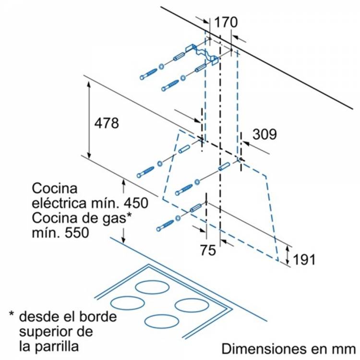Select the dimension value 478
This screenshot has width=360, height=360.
click(x=106, y=123)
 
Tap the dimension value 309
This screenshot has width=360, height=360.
click(x=264, y=134)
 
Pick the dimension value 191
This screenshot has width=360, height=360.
click(x=304, y=260)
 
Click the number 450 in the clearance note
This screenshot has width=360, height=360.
click(x=134, y=203)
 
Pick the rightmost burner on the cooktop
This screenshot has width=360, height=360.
click(x=191, y=304)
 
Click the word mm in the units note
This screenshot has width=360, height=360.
click(x=344, y=348)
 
